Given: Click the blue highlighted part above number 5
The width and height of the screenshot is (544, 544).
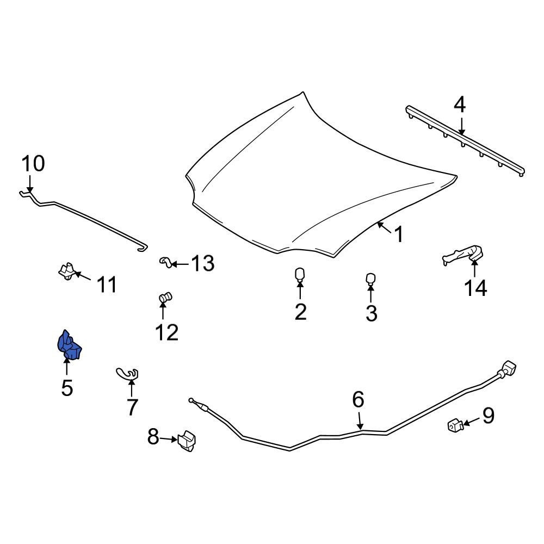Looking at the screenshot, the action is (69, 345).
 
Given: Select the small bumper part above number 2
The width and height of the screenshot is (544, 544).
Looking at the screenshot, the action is (300, 275).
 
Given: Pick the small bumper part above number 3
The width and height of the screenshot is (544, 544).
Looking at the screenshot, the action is (371, 279).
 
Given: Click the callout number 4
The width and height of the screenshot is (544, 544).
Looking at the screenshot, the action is (459, 105).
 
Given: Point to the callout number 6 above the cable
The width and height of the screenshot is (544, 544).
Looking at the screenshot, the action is (358, 399).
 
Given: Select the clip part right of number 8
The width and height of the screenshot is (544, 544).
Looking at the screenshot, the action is (187, 441).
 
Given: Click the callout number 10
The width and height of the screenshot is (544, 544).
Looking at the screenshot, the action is (33, 163).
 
